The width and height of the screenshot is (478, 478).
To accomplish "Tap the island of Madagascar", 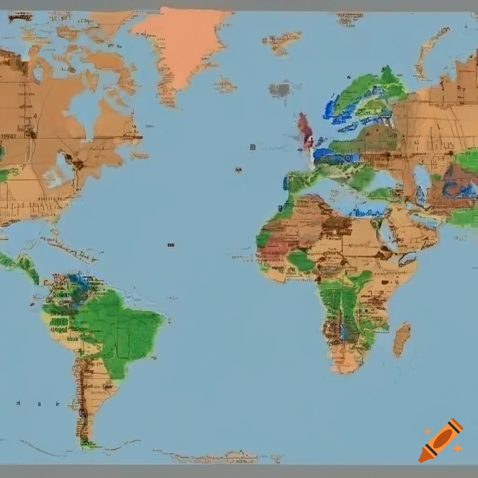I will point(401,339).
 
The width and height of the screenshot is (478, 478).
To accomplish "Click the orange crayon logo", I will point(441,440).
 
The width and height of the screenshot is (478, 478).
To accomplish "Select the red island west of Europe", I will point(306,129).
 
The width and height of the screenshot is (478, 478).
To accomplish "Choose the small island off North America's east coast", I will point(139,155).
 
